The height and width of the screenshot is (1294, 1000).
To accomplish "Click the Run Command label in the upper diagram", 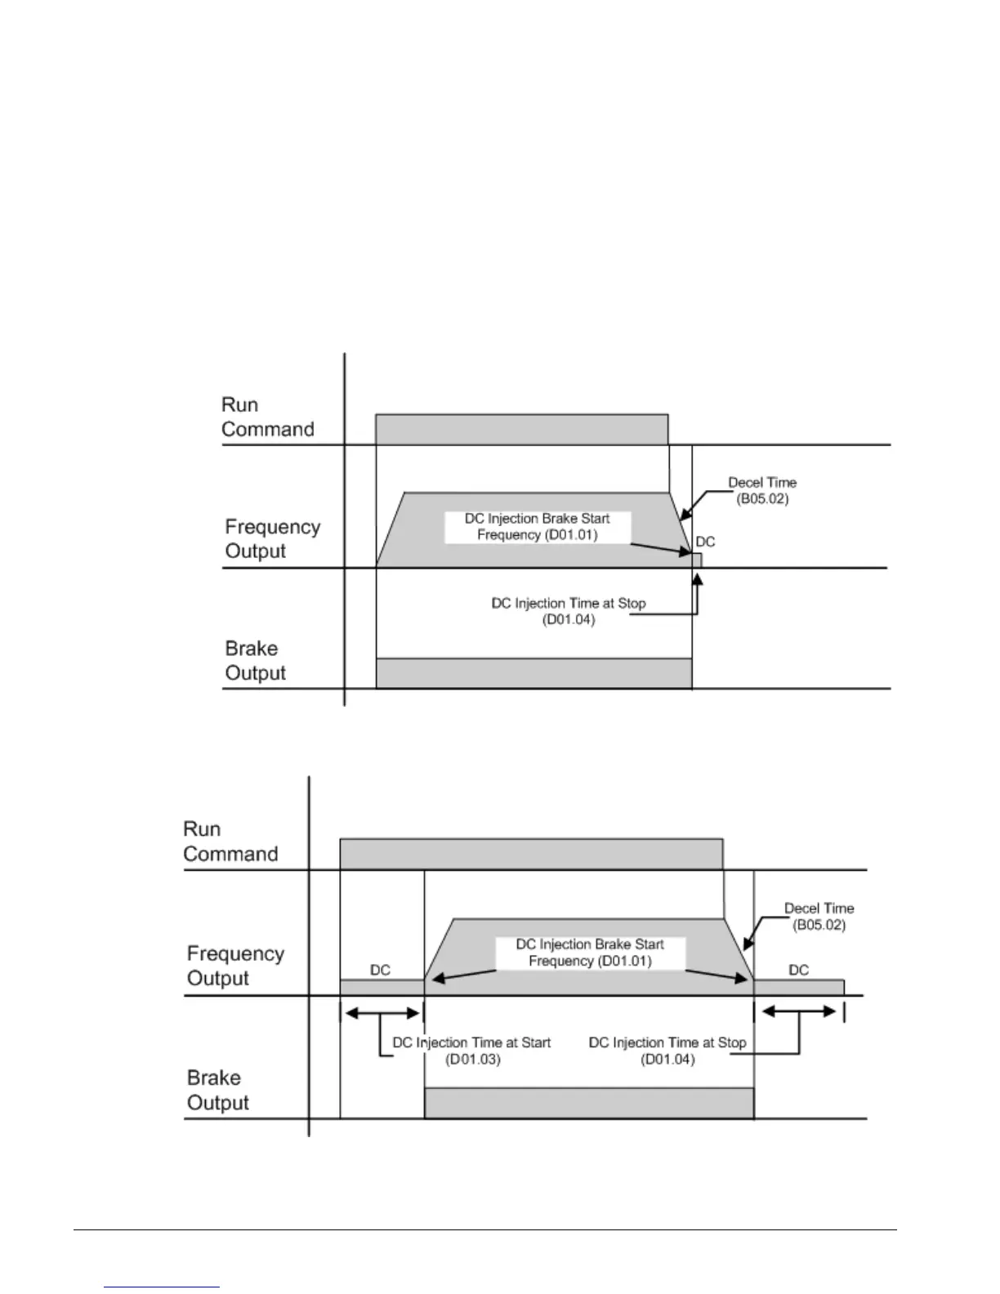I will click(x=267, y=417).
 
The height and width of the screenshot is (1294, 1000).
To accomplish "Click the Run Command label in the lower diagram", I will click(x=230, y=841).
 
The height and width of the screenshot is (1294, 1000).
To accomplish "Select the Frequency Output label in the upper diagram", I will click(x=272, y=539).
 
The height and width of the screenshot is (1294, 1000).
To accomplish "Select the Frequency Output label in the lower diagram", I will click(x=235, y=966).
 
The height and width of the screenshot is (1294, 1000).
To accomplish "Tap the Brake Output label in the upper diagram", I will click(x=255, y=661).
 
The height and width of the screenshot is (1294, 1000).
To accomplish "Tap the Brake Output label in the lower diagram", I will click(x=217, y=1090).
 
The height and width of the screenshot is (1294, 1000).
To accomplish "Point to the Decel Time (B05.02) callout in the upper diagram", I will click(x=761, y=490).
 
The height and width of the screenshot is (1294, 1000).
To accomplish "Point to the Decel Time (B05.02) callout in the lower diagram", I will click(x=819, y=917).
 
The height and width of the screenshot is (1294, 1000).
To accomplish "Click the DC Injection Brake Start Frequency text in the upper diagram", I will click(x=537, y=527).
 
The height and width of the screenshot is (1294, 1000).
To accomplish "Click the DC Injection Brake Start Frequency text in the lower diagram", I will click(x=590, y=953).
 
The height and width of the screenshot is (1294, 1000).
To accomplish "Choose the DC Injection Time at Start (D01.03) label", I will click(x=471, y=1051).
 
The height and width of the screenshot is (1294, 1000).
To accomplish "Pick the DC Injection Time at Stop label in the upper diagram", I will click(x=568, y=611).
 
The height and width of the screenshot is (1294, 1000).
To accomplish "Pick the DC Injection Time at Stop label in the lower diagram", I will click(x=667, y=1051).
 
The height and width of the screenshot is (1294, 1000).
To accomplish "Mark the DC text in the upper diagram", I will click(x=705, y=542).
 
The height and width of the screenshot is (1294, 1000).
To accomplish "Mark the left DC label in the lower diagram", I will click(x=380, y=970).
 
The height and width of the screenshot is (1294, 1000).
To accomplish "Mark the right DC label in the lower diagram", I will click(x=798, y=970).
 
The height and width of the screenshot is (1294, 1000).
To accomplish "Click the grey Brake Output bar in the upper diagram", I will click(x=533, y=673).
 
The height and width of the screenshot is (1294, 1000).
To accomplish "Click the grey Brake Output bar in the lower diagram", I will click(x=588, y=1103).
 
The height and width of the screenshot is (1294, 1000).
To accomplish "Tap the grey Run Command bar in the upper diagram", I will click(x=521, y=430).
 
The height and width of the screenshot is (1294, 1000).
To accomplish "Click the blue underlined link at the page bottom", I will click(x=162, y=1287).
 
